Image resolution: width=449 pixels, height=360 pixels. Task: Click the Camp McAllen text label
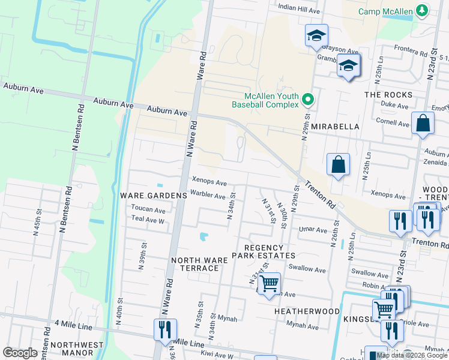click(x=385, y=11)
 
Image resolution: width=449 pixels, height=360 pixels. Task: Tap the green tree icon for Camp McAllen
click(x=423, y=10)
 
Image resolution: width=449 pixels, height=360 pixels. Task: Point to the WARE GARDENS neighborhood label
click(x=145, y=196)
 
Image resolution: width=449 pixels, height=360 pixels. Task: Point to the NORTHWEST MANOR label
click(x=73, y=349)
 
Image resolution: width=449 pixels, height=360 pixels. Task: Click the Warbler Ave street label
click(x=208, y=196)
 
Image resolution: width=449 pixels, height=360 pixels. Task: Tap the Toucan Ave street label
click(x=148, y=210)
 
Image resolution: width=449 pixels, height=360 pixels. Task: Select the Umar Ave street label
click(x=313, y=230)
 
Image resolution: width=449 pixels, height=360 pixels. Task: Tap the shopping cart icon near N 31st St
click(x=270, y=283)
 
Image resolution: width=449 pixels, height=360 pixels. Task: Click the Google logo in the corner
click(x=20, y=353)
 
